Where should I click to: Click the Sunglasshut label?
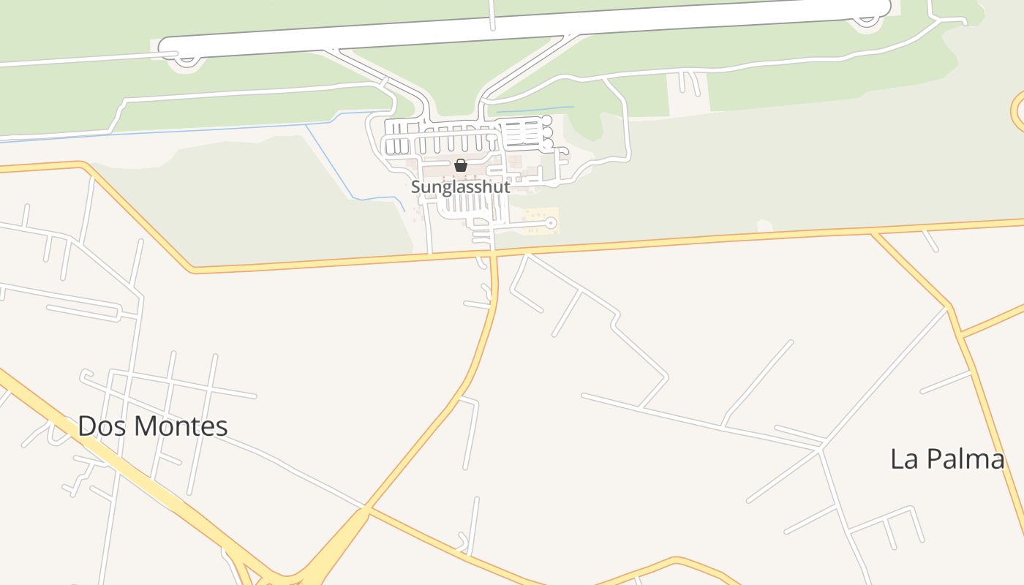[460, 186]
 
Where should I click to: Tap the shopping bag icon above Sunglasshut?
[460, 166]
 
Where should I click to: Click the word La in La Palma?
[903, 459]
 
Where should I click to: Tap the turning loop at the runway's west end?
[187, 59]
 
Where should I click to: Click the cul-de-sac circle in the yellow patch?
[551, 223]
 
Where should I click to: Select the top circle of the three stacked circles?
[546, 120]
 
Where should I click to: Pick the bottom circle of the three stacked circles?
[547, 145]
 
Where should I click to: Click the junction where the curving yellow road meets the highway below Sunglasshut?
[493, 254]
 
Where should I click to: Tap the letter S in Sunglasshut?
[415, 187]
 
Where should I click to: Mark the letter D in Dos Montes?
[87, 426]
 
